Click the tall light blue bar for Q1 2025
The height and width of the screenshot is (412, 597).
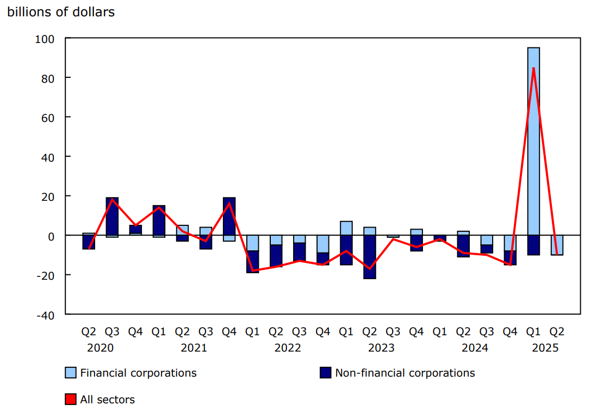[533, 142]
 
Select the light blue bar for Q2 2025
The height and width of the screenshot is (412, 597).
[557, 245]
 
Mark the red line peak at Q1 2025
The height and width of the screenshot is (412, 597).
[533, 68]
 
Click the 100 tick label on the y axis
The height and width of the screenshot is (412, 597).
[47, 39]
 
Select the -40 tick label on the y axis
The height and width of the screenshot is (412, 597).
[46, 315]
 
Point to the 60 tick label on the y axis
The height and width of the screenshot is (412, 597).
[49, 118]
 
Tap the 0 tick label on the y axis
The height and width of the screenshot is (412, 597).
[52, 236]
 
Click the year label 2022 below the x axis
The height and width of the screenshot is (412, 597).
[288, 348]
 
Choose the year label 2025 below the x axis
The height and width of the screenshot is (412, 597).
[545, 348]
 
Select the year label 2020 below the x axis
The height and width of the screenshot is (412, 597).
[101, 348]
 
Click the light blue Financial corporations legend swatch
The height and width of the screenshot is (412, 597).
[70, 373]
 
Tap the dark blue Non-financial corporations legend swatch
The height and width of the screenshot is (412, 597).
[325, 373]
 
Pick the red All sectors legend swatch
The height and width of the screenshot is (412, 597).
[70, 399]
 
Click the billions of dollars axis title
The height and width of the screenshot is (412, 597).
[60, 12]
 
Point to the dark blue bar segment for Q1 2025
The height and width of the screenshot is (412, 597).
[533, 245]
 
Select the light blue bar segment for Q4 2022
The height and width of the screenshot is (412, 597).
[322, 244]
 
